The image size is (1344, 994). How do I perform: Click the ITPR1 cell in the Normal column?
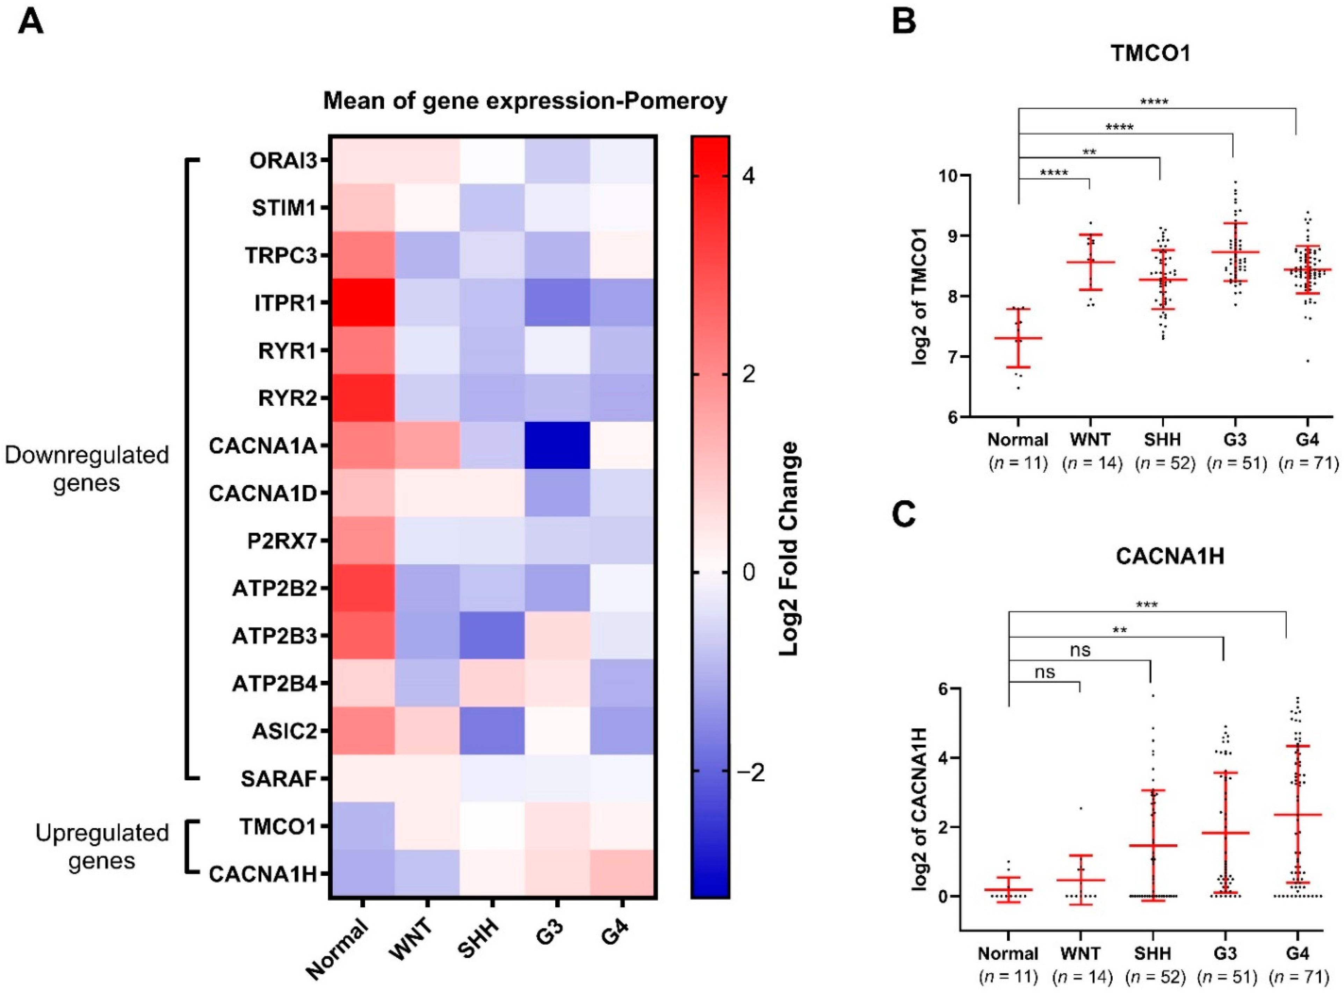(362, 302)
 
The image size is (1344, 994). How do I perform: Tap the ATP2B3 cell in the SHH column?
(492, 635)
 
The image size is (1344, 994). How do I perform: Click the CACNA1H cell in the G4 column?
(622, 874)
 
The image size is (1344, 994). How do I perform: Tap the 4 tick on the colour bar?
(749, 176)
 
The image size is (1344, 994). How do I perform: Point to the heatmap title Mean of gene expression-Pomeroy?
(525, 100)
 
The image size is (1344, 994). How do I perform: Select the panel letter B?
(903, 21)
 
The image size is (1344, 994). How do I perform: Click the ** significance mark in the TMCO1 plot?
(1089, 152)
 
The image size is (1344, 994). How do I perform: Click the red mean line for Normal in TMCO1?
(1018, 338)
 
